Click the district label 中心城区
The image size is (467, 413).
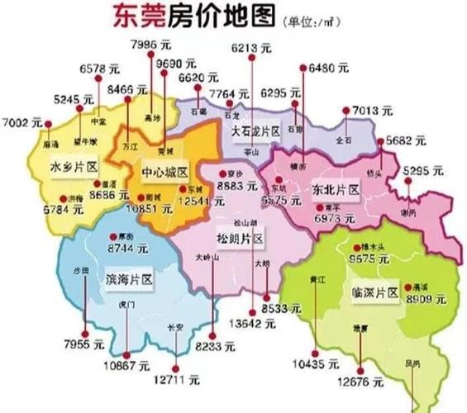tap(166, 173)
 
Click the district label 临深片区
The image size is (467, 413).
tap(376, 293)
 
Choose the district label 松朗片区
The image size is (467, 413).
tap(239, 238)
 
